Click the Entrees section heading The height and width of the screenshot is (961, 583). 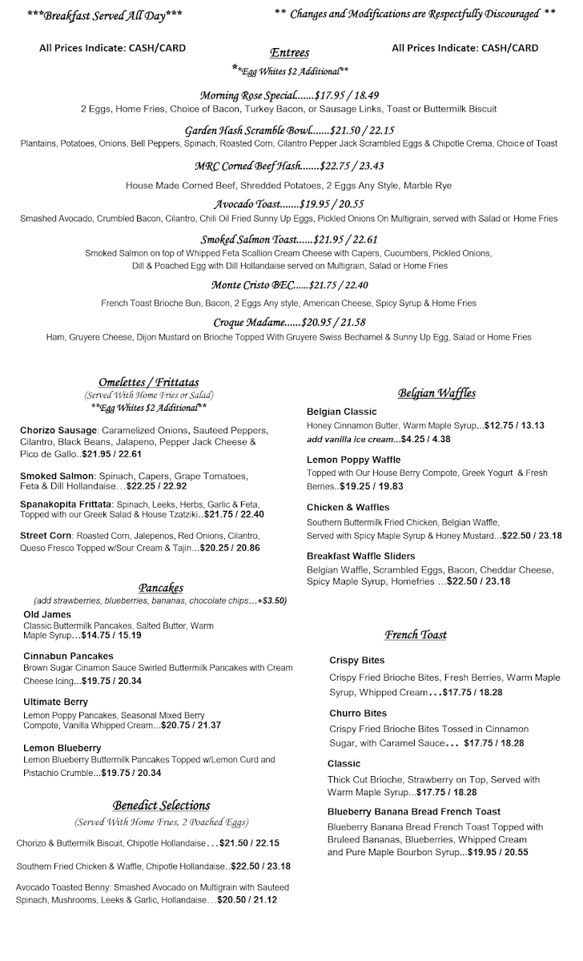[290, 53]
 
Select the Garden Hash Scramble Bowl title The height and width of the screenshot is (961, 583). [247, 130]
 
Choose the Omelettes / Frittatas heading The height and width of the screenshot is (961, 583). [149, 381]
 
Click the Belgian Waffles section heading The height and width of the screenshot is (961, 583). [436, 392]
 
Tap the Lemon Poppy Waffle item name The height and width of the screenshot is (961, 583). [353, 460]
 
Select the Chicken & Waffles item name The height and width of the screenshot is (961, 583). [348, 507]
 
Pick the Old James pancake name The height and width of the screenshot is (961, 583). [48, 614]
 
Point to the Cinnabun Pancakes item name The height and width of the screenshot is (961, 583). [68, 656]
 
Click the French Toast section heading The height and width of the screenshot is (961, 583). [415, 635]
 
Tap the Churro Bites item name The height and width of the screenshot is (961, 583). [357, 713]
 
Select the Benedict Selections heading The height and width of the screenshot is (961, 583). [161, 806]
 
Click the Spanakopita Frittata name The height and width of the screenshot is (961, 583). [66, 504]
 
